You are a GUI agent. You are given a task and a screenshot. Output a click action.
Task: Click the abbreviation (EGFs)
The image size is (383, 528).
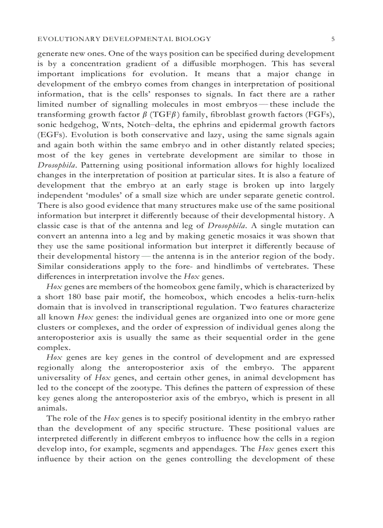tap(51, 135)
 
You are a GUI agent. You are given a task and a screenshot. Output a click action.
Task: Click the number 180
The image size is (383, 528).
tap(74, 297)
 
